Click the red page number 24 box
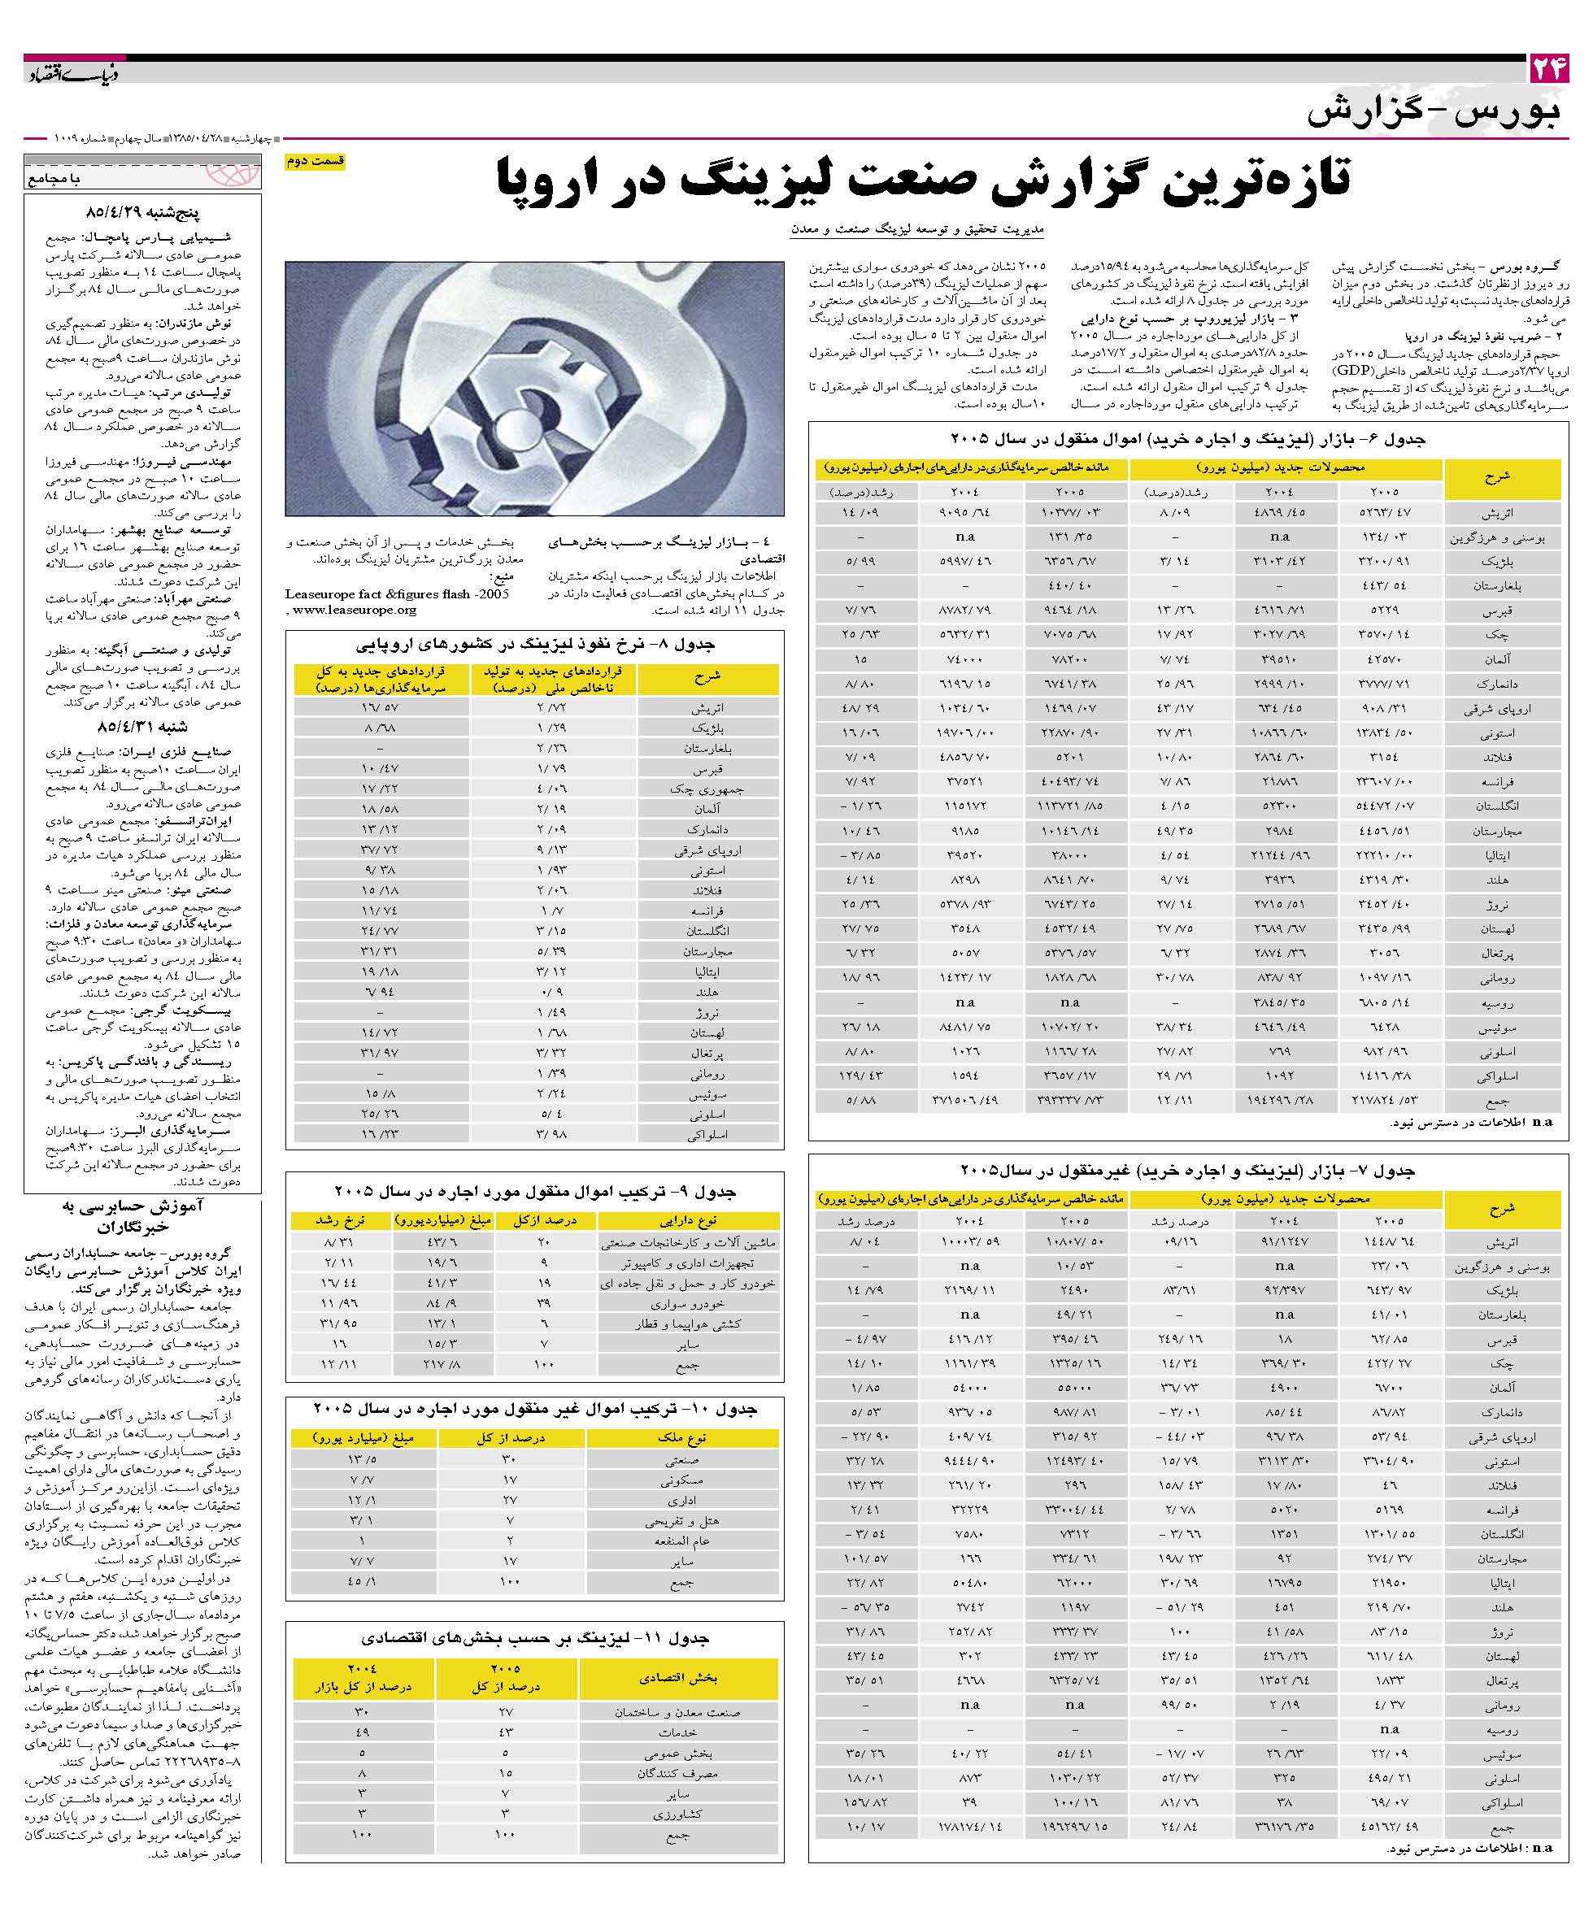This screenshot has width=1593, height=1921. (1548, 68)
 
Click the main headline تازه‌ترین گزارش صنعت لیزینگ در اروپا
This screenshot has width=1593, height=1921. (924, 180)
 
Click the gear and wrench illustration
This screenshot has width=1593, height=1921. (534, 389)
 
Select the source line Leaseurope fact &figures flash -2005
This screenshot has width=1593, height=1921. (397, 593)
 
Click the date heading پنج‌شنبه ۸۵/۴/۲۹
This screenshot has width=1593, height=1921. (141, 211)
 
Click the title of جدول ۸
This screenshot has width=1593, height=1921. (535, 645)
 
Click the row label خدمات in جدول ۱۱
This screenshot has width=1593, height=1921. (678, 1732)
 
